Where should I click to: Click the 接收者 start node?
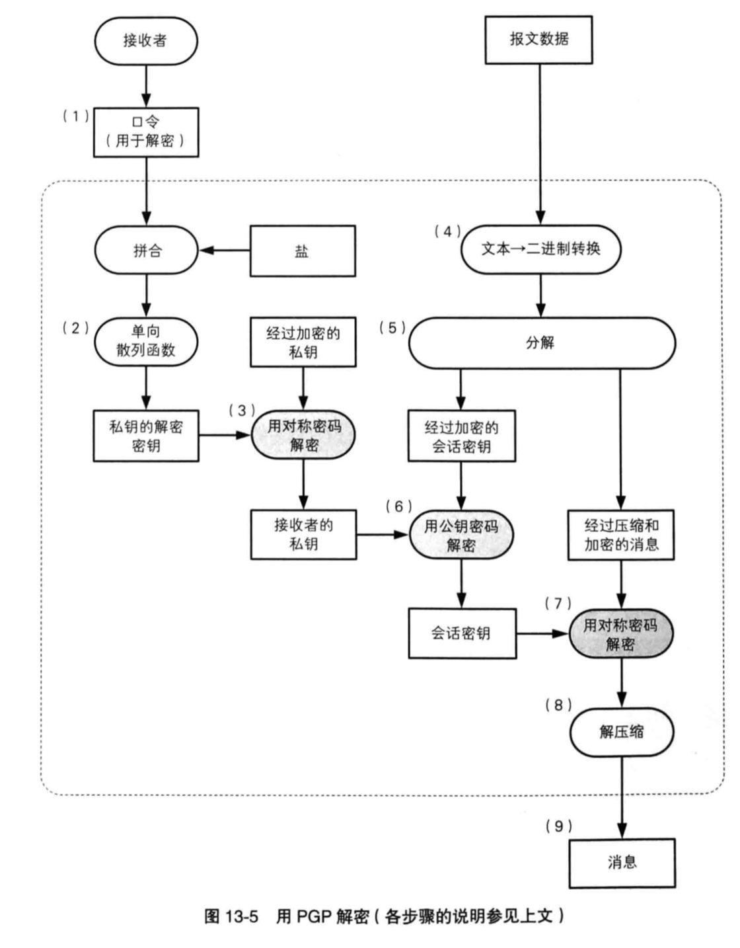146,41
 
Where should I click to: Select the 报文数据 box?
538,40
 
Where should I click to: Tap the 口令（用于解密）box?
146,132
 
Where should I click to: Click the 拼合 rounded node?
146,251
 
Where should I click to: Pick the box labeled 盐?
302,251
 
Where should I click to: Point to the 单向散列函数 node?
146,341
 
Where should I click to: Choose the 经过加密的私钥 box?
303,342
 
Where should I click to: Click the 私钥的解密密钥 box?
146,436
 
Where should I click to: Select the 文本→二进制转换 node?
540,249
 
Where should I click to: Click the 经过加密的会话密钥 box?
461,436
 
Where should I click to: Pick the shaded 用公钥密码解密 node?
461,535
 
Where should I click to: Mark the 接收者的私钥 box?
303,534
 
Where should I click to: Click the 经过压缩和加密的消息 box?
621,535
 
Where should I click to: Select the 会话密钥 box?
462,633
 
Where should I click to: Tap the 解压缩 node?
621,732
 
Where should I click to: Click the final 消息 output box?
622,863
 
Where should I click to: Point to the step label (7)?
558,604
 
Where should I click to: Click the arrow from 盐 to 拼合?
224,251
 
